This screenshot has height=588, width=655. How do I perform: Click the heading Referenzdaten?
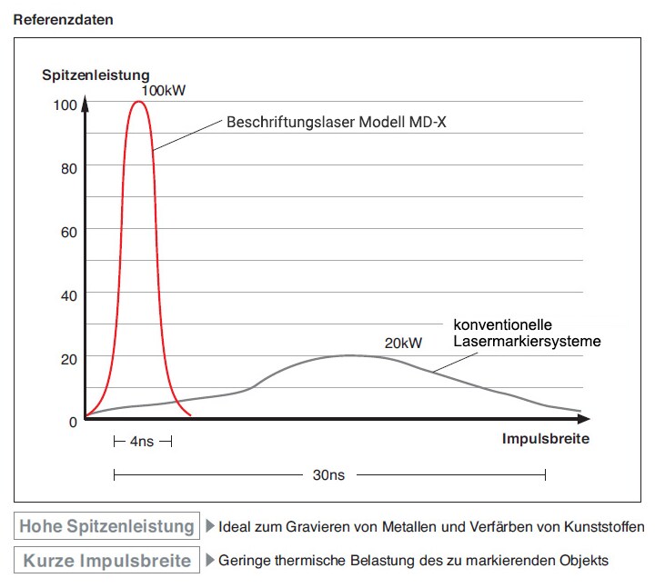[x=64, y=19]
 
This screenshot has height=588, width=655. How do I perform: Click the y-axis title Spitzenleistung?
[x=96, y=75]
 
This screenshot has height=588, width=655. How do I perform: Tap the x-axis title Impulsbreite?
[x=545, y=438]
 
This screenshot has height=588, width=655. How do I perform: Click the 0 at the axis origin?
[x=73, y=421]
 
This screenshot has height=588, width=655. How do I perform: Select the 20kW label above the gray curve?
[x=404, y=343]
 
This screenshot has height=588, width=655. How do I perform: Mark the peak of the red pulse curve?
[x=138, y=101]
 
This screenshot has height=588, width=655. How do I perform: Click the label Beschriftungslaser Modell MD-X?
[x=337, y=120]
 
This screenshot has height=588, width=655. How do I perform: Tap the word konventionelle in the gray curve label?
[x=503, y=324]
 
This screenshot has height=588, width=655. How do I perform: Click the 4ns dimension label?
[x=141, y=442]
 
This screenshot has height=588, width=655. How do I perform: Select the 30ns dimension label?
[x=327, y=474]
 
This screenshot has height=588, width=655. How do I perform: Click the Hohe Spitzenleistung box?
[x=107, y=526]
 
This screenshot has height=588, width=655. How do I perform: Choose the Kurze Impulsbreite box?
[x=107, y=560]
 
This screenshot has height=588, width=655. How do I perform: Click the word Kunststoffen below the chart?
[x=603, y=526]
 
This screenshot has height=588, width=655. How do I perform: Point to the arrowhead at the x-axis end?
[x=584, y=419]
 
